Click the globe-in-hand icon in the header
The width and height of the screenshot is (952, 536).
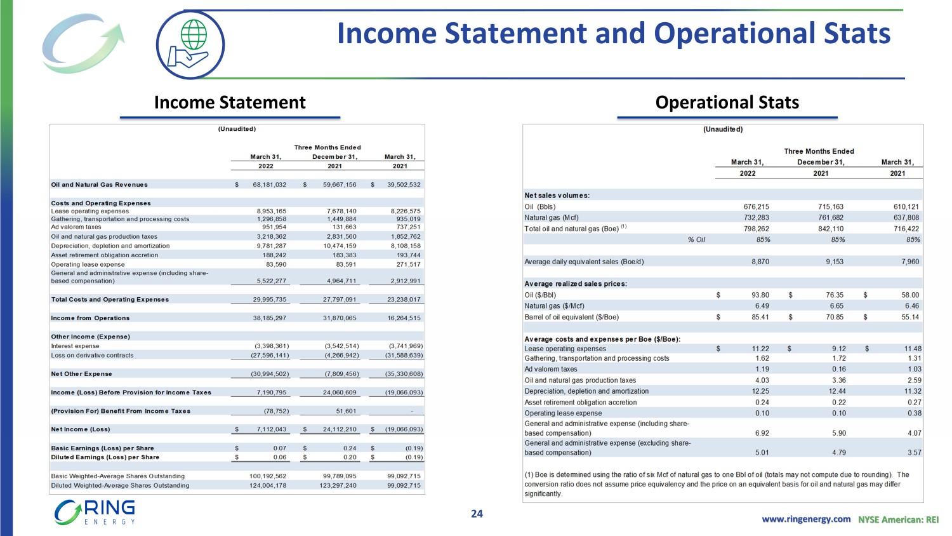190,44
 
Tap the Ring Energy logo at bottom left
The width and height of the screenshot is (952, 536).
95,512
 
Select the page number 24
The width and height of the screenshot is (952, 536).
477,514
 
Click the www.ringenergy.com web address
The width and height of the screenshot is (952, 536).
806,519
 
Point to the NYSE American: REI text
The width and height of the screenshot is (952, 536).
898,519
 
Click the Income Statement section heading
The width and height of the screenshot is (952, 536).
230,102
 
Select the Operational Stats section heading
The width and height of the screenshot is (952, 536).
727,102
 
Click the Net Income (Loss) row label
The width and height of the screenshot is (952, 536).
81,429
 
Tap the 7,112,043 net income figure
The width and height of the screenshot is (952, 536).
271,429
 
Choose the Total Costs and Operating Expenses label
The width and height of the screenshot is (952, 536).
110,299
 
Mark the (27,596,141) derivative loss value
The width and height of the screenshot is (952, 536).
267,356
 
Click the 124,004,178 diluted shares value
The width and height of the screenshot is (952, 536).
267,485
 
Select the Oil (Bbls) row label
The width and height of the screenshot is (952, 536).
540,206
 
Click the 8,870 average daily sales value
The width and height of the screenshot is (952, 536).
760,262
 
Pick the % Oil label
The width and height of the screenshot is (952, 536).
696,239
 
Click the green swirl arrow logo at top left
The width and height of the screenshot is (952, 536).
83,43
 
